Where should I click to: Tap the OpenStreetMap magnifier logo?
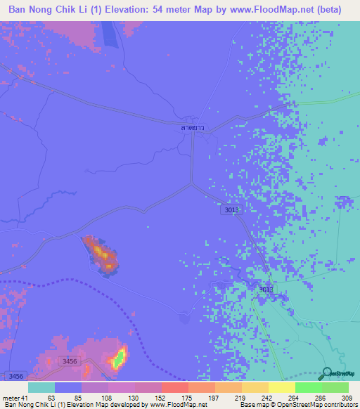tap(328, 373)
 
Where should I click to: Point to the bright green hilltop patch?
tap(119, 358)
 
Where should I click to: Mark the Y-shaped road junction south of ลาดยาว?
tap(191, 184)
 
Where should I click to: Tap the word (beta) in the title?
tap(327, 10)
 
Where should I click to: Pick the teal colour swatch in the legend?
tap(41, 388)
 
